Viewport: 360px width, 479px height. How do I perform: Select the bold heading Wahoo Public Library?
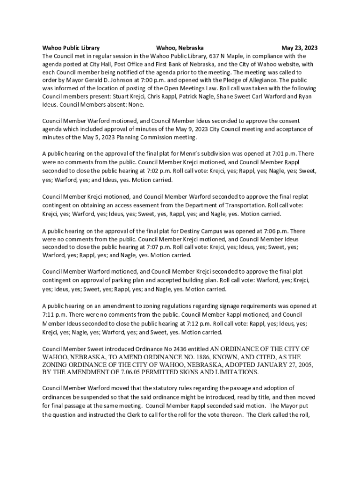point(71,48)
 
